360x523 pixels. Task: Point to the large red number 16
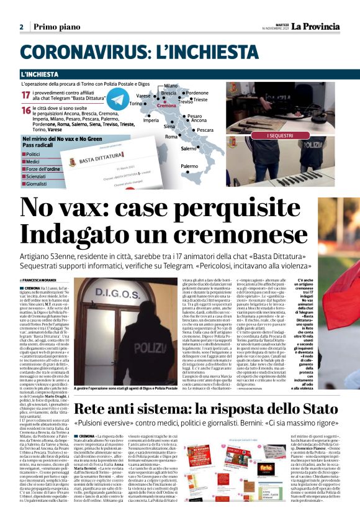(x=26, y=110)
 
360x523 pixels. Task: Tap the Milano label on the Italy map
(x=172, y=86)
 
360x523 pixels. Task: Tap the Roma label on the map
(x=171, y=136)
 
